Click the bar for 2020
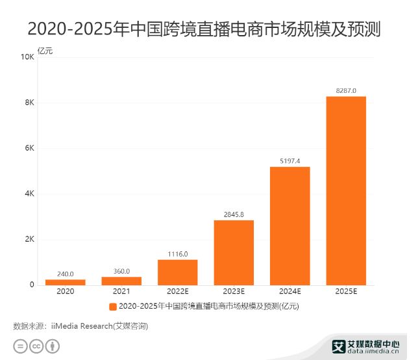pyautogui.click(x=65, y=282)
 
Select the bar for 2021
pyautogui.click(x=121, y=281)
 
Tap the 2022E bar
pyautogui.click(x=177, y=272)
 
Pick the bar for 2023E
pyautogui.click(x=234, y=252)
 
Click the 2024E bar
pyautogui.click(x=290, y=225)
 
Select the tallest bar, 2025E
pyautogui.click(x=346, y=190)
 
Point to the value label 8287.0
pyautogui.click(x=346, y=90)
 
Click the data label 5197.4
pyautogui.click(x=290, y=161)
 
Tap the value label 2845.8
pyautogui.click(x=234, y=214)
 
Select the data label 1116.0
pyautogui.click(x=177, y=253)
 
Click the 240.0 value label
pyautogui.click(x=65, y=274)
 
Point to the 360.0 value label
pyautogui.click(x=121, y=271)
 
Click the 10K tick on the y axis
pyautogui.click(x=27, y=57)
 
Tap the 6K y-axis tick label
pyautogui.click(x=29, y=148)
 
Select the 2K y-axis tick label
pyautogui.click(x=29, y=239)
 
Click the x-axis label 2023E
pyautogui.click(x=234, y=292)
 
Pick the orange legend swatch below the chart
pyautogui.click(x=113, y=306)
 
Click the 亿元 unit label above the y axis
pyautogui.click(x=45, y=51)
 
